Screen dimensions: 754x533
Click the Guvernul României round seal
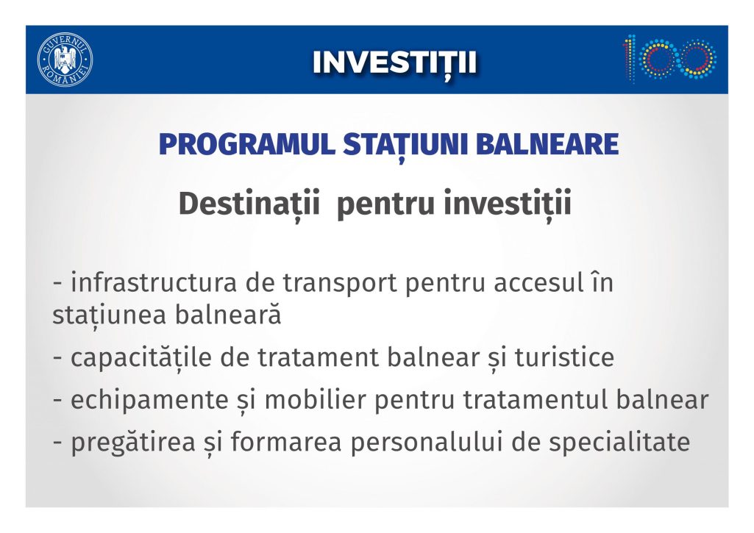pyautogui.click(x=65, y=60)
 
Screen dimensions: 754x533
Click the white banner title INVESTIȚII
pyautogui.click(x=394, y=63)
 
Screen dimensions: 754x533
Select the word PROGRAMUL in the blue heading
pyautogui.click(x=246, y=144)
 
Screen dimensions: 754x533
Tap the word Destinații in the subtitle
pyautogui.click(x=249, y=204)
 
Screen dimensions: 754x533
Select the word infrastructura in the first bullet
pyautogui.click(x=154, y=282)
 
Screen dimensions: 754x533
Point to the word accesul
pyautogui.click(x=538, y=282)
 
